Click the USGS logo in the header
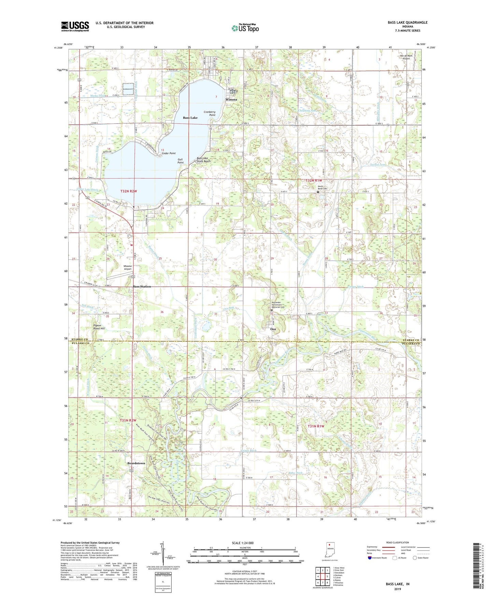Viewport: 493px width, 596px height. tap(75, 26)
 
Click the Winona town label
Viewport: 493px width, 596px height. tap(231, 100)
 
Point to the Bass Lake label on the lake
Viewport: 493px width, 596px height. tap(190, 118)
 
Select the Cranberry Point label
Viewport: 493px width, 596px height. tap(210, 113)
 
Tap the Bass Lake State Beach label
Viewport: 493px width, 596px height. tap(204, 160)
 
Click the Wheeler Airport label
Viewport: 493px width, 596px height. tap(128, 267)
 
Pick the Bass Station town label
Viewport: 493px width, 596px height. tap(142, 286)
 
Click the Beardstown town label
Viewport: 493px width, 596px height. tap(136, 463)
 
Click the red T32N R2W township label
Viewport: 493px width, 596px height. tap(129, 191)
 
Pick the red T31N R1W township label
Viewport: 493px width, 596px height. tap(316, 426)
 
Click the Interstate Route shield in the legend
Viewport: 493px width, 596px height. tap(370, 558)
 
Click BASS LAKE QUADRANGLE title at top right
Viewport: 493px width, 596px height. tap(407, 23)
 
